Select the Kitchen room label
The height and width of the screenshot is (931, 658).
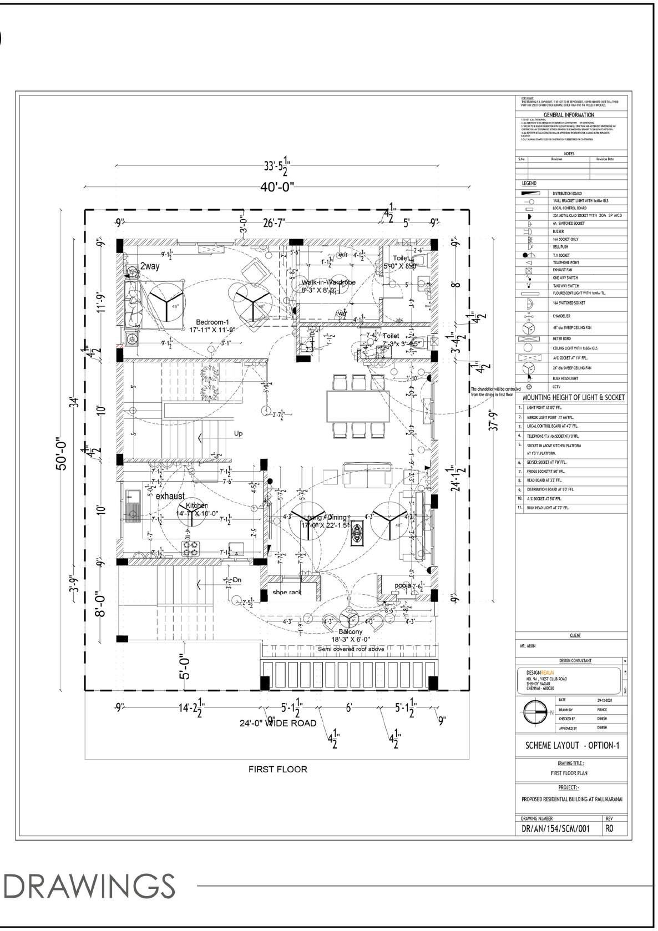click(x=196, y=505)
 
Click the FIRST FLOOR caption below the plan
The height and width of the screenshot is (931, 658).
click(x=277, y=770)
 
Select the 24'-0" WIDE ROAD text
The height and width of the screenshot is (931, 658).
click(x=278, y=723)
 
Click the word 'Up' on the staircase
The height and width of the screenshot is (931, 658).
click(x=239, y=433)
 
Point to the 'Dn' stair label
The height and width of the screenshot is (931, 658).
click(x=237, y=580)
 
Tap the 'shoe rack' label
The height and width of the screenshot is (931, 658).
click(x=287, y=593)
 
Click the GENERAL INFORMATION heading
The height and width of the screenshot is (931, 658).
click(x=569, y=115)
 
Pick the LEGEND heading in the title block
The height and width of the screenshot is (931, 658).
click(x=529, y=183)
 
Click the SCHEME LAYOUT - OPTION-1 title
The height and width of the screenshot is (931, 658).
click(x=571, y=746)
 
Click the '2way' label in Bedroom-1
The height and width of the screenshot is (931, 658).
click(x=150, y=266)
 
